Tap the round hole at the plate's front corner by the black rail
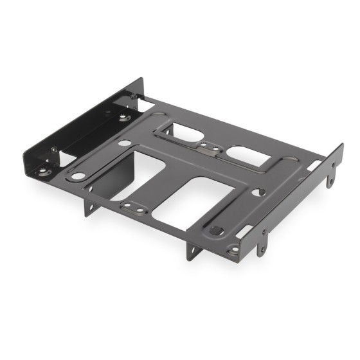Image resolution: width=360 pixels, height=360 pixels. click(76, 175)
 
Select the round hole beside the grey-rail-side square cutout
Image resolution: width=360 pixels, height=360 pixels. click(260, 192)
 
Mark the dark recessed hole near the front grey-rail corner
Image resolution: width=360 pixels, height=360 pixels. click(217, 230)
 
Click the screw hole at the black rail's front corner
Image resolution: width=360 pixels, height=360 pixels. click(43, 171)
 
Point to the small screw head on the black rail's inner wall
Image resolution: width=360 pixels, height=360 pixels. click(54, 150)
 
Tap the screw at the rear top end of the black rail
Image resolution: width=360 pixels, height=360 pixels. click(133, 96)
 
